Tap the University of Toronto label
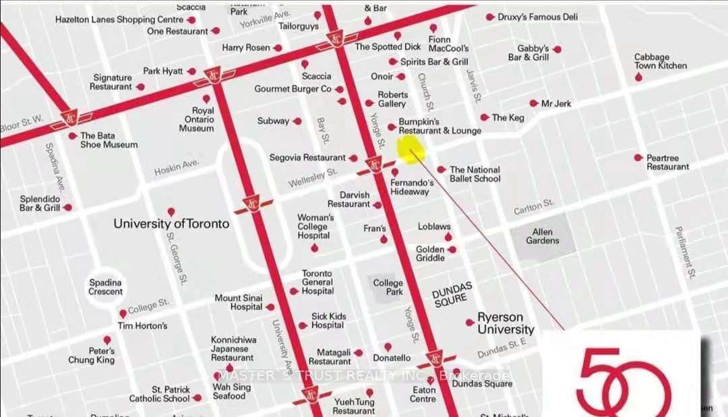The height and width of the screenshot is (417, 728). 171,224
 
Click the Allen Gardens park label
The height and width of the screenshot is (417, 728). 542,236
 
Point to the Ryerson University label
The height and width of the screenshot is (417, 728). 506,323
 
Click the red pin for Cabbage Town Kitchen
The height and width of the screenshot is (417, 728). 639,77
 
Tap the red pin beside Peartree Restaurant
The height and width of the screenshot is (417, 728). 638,158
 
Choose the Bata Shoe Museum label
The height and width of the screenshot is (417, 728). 109,140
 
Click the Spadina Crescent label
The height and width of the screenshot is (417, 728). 106,287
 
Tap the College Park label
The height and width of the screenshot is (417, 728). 388,287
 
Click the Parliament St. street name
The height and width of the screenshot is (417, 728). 686,253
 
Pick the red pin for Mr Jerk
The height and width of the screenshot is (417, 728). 534,104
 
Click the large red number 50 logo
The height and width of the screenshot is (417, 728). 624,381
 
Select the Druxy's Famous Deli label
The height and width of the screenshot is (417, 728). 534,17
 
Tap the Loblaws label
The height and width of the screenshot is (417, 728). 434,227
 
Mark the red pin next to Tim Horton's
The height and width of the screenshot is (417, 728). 123,314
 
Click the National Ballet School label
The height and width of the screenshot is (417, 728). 475,174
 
